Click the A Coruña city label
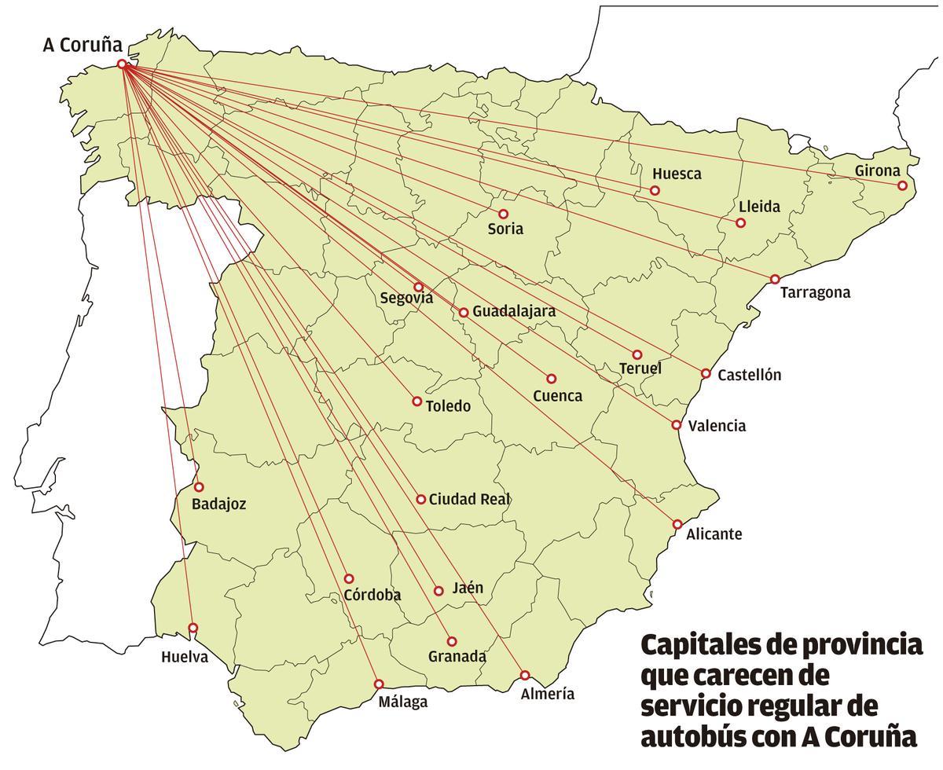tap(83, 46)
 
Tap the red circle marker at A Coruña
tap(122, 64)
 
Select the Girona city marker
tap(902, 186)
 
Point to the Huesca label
tap(677, 174)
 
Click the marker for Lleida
tap(740, 223)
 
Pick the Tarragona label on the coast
tap(815, 292)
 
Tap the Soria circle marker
tap(504, 214)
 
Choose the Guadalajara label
tap(514, 311)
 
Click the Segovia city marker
tap(418, 287)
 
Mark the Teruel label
tap(640, 368)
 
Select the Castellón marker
tap(706, 373)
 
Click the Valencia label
tap(717, 426)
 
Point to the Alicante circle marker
tap(677, 524)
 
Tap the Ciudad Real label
tap(469, 499)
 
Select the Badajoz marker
tap(199, 487)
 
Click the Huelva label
tap(185, 657)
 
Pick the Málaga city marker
tap(379, 684)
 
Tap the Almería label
tap(547, 694)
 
